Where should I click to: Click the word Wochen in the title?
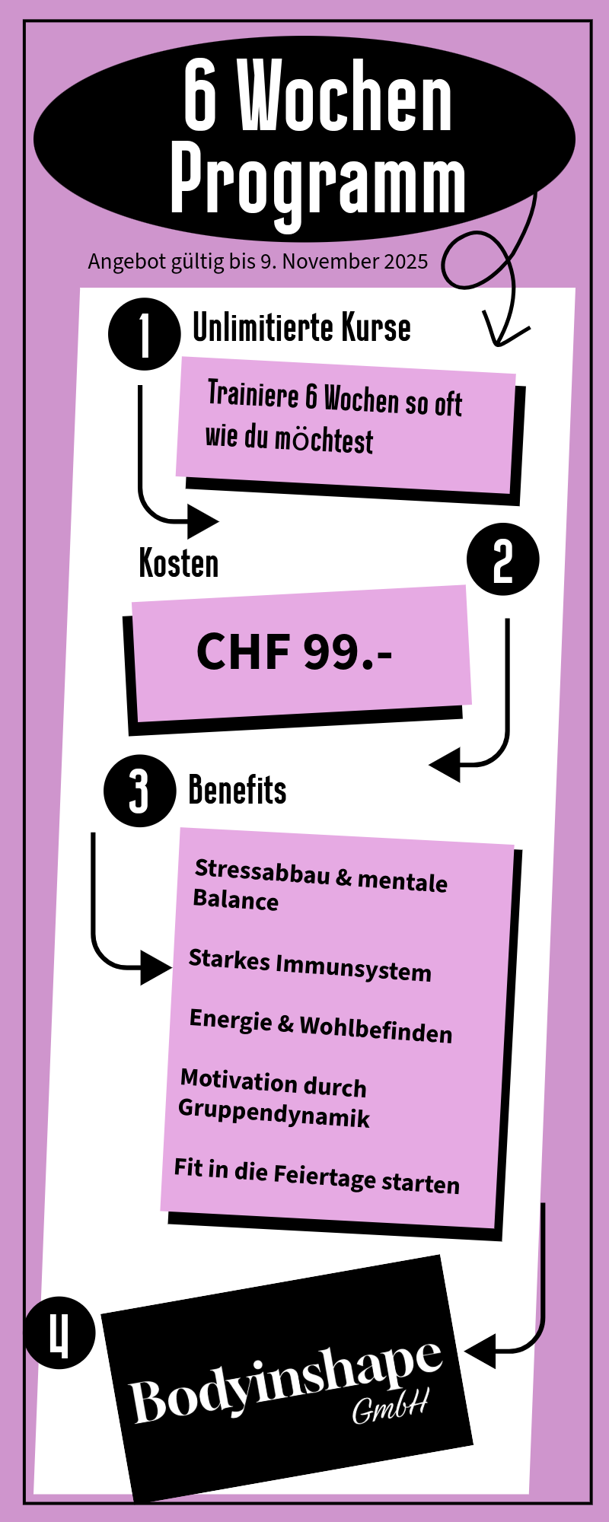(x=346, y=97)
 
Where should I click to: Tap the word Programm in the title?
(x=317, y=183)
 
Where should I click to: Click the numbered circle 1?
(x=145, y=335)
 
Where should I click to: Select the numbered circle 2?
(x=502, y=559)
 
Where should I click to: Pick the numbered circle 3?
(x=139, y=791)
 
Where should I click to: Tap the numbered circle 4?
(x=59, y=1333)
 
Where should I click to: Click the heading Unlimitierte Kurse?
(x=301, y=328)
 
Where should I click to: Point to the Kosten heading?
(x=178, y=564)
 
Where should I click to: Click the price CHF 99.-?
(x=295, y=652)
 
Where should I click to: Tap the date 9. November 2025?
(x=344, y=262)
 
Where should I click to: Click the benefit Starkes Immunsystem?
(x=310, y=965)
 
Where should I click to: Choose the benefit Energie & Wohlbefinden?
(x=320, y=1026)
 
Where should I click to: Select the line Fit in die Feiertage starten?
(x=317, y=1176)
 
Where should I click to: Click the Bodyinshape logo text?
(x=285, y=1381)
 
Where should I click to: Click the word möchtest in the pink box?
(x=324, y=440)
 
